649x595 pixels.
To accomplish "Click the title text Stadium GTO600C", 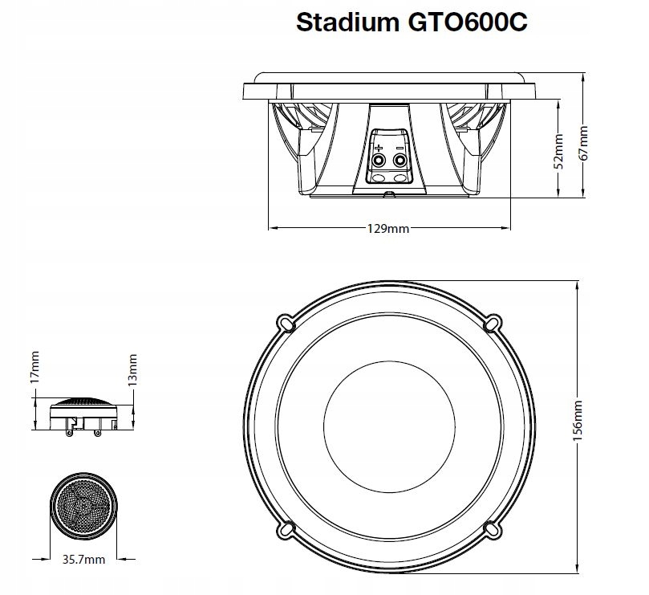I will (x=412, y=22).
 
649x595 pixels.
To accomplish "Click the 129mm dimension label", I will (x=388, y=229).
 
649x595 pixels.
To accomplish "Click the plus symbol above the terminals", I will (x=378, y=147).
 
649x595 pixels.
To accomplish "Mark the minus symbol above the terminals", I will (x=400, y=147).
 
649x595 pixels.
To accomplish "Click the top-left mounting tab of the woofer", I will (x=286, y=320).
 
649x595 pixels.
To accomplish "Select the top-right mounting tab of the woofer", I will (x=493, y=320).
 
